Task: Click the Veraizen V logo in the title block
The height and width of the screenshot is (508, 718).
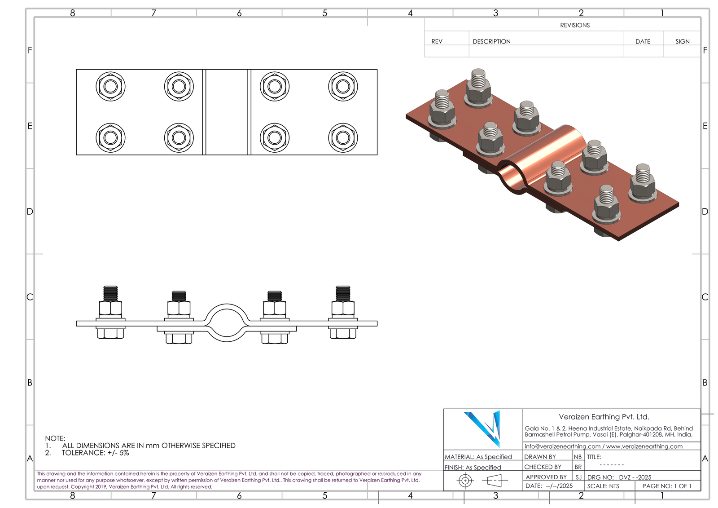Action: click(x=483, y=428)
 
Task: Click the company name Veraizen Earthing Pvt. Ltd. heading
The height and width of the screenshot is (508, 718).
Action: click(x=604, y=417)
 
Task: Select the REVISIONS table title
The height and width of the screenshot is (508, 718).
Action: click(x=574, y=25)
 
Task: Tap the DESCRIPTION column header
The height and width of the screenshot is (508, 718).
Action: click(x=491, y=41)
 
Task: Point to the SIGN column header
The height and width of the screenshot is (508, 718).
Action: click(x=682, y=41)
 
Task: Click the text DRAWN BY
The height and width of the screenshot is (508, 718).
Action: click(x=540, y=457)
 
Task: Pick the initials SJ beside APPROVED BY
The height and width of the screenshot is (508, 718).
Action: click(x=578, y=477)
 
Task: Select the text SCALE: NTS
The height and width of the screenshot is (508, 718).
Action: click(x=603, y=486)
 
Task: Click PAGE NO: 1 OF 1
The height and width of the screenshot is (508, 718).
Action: click(x=666, y=486)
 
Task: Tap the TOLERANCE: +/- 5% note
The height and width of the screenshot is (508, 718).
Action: click(x=95, y=453)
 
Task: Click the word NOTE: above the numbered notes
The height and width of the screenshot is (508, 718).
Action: click(x=55, y=438)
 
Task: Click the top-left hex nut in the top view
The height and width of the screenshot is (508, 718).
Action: click(x=110, y=86)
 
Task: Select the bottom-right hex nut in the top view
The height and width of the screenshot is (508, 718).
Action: click(x=343, y=138)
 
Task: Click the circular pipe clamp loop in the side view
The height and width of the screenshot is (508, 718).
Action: click(x=227, y=322)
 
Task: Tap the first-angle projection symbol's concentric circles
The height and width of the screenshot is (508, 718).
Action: click(x=465, y=481)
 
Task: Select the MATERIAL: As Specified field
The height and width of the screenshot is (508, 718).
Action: click(x=478, y=457)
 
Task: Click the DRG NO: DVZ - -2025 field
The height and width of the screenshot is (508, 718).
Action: click(x=619, y=477)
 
